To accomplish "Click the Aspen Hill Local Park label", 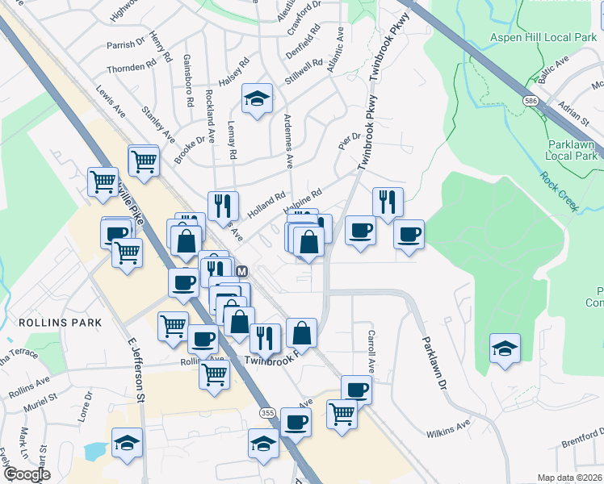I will point(543,37).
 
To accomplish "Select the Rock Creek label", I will point(560,192).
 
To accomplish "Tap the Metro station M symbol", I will point(242,272).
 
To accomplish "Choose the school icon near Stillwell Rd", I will point(257,98).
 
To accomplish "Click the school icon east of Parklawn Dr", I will point(505,348).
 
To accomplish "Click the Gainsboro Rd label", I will point(188,81).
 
